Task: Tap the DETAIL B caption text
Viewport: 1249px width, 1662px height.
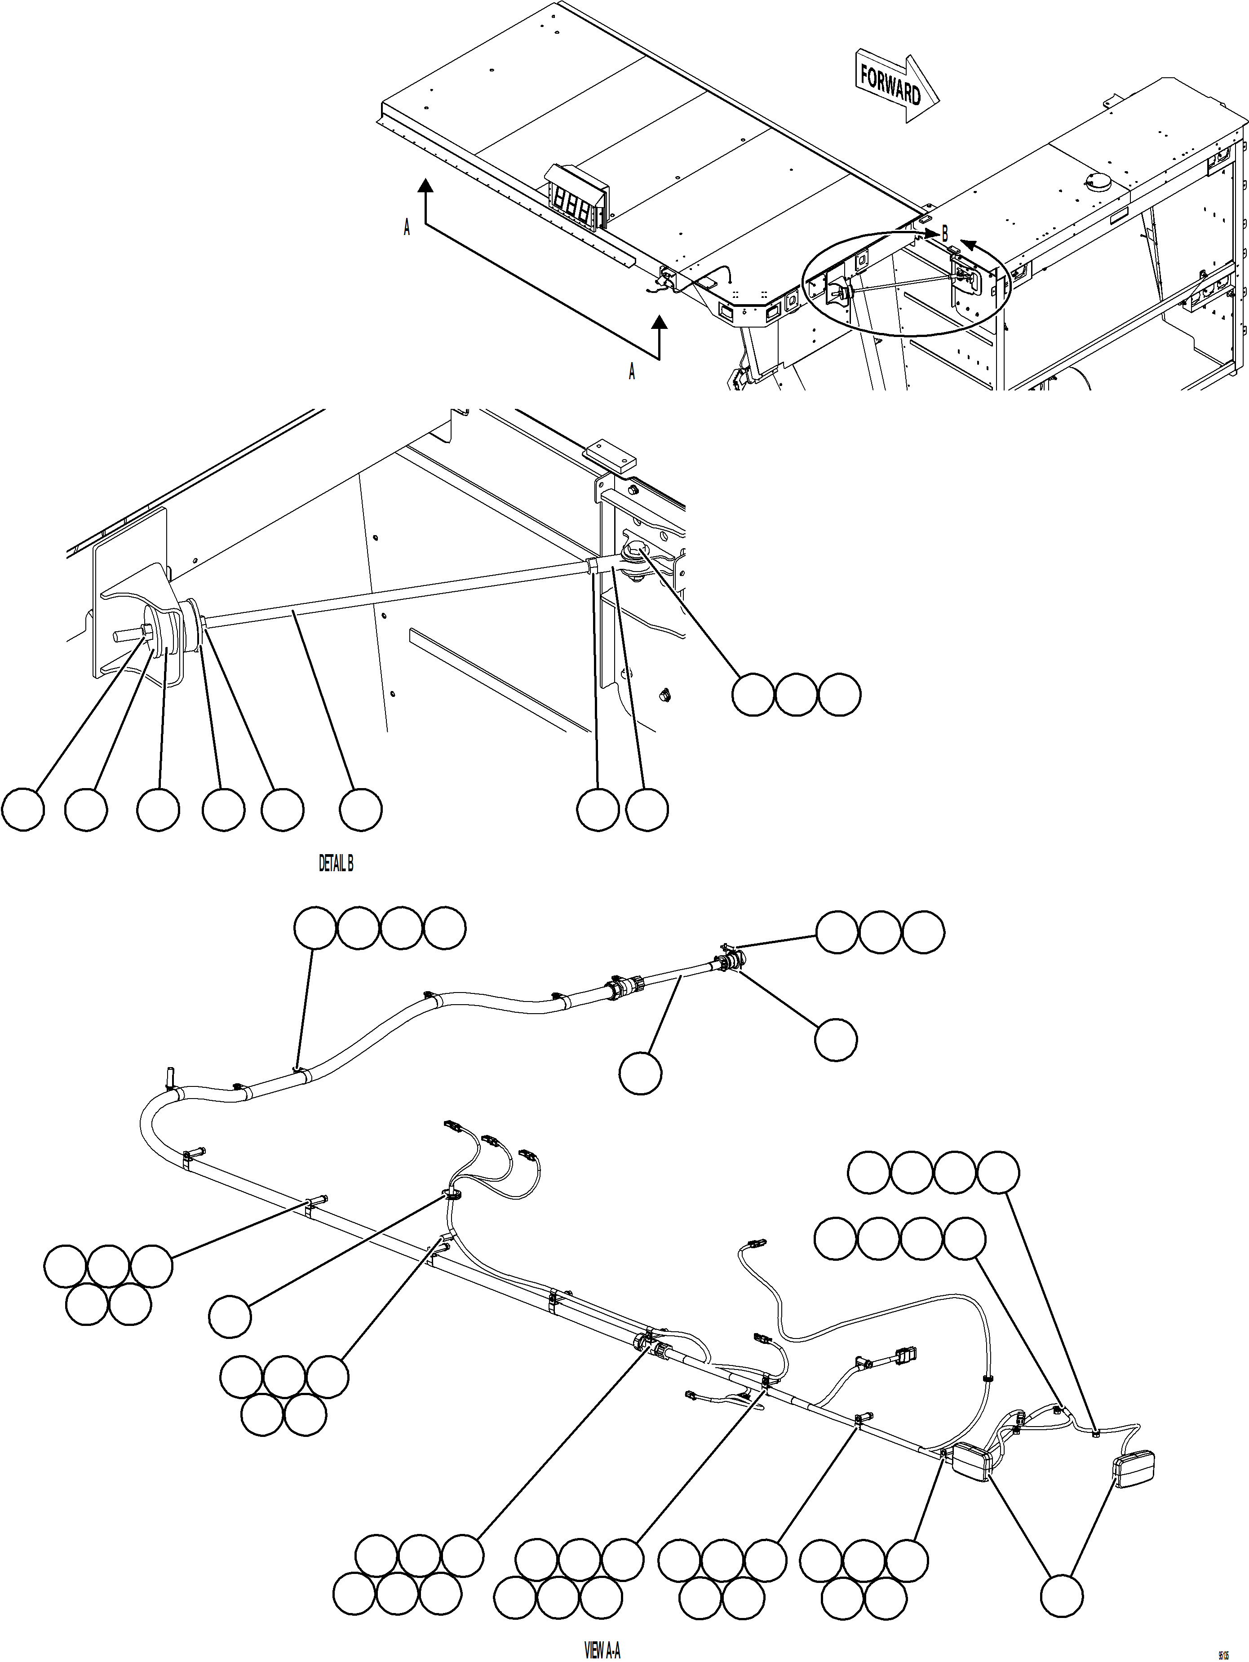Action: [x=336, y=864]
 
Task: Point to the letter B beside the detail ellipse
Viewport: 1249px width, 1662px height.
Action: [x=945, y=234]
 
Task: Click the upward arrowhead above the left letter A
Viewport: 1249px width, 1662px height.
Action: [x=425, y=186]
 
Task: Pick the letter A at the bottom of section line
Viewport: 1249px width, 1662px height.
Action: [x=631, y=371]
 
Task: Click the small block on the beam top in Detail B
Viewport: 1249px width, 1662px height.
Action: [x=610, y=455]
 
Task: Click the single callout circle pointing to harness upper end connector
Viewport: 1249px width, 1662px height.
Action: [x=836, y=1040]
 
